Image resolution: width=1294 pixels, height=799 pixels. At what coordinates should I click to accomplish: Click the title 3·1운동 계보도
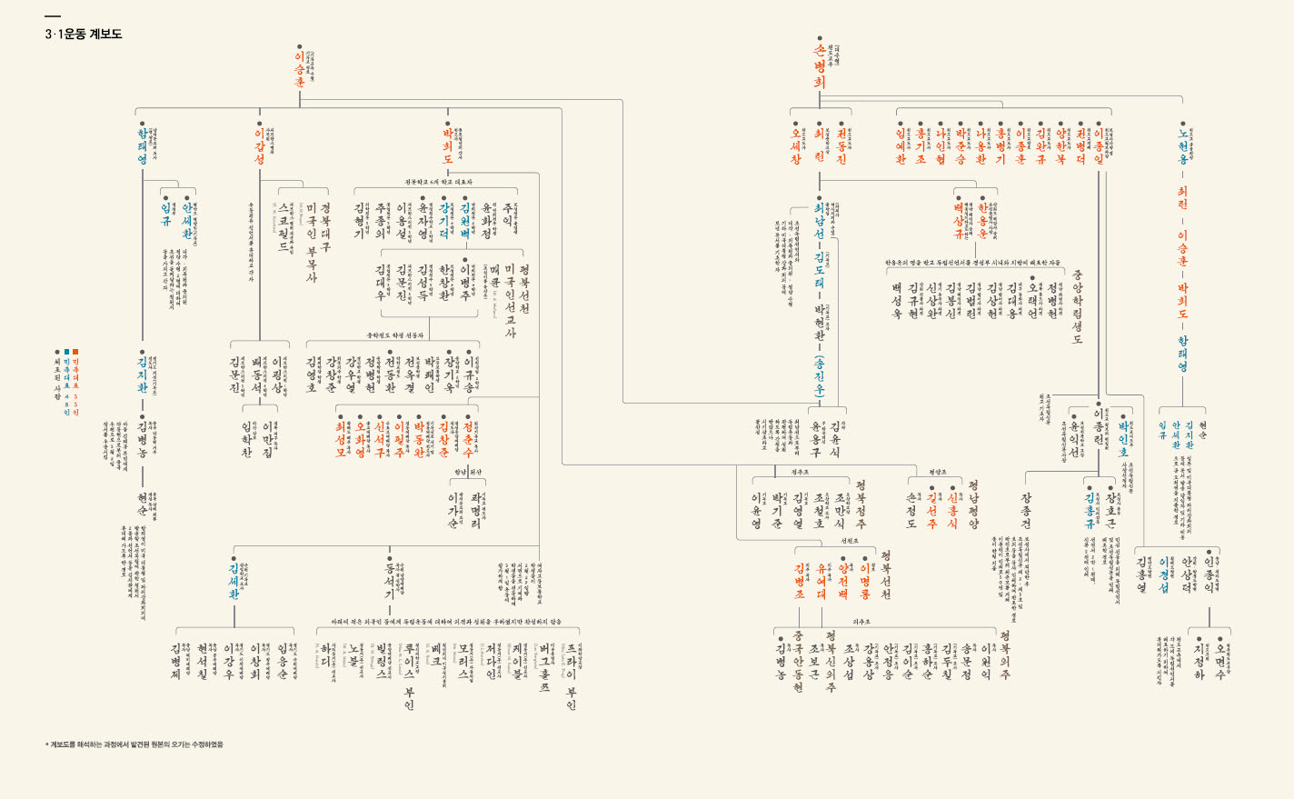click(x=83, y=35)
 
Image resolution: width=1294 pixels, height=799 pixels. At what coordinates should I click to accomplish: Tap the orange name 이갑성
click(x=259, y=146)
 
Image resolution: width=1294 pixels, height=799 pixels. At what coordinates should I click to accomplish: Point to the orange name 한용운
click(x=982, y=222)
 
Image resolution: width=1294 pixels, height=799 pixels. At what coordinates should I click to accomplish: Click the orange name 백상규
click(x=959, y=222)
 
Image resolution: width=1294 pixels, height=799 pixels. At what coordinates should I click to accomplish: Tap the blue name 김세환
click(x=234, y=582)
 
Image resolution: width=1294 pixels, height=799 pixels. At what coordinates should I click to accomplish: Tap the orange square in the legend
click(x=75, y=351)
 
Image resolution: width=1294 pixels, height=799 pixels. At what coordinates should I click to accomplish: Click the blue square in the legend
click(x=66, y=351)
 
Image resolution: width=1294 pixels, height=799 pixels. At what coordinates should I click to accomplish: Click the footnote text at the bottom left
click(x=134, y=744)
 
